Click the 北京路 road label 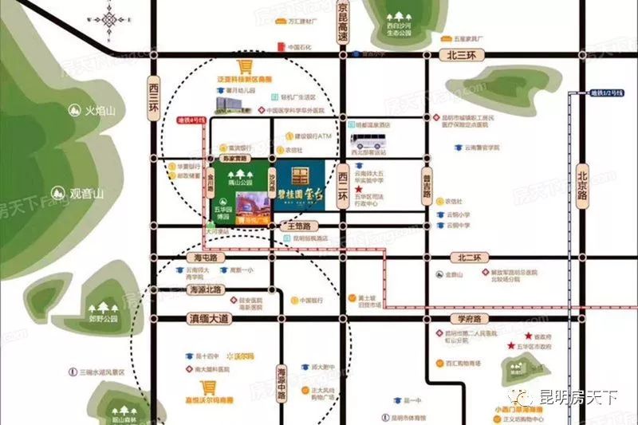(x=583, y=183)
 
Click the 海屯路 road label (x=206, y=258)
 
